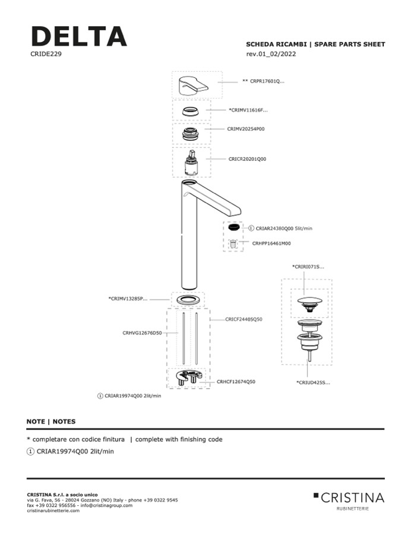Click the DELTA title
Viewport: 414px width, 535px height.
(x=78, y=37)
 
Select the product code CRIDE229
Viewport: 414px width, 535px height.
(x=46, y=53)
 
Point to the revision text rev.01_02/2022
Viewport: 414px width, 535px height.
(x=271, y=54)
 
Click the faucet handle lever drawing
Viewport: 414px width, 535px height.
(x=193, y=86)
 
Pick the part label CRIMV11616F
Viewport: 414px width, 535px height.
(x=248, y=110)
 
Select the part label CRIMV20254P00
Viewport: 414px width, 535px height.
(x=246, y=128)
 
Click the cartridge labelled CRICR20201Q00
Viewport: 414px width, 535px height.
(x=190, y=162)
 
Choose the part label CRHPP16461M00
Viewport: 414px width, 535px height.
(x=271, y=243)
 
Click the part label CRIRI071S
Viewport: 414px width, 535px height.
(x=308, y=267)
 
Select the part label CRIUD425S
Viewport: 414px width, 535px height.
(x=313, y=382)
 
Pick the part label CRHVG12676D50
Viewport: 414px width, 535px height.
(x=142, y=333)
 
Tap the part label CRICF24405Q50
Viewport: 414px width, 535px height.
(x=244, y=319)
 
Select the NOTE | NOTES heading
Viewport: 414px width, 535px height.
(x=51, y=422)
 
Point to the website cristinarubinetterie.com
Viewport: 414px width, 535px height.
(x=53, y=511)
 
